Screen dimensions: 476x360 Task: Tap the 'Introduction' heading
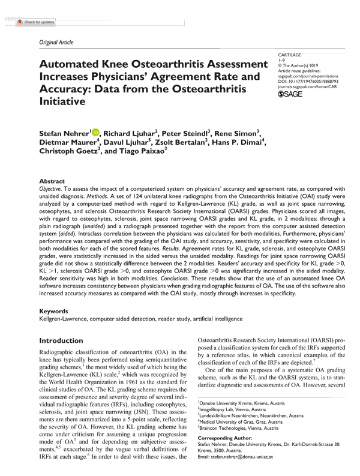coord(61,340)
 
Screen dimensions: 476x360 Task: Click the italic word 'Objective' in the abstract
coord(51,188)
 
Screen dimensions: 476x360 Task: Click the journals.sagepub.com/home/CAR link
coord(305,86)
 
